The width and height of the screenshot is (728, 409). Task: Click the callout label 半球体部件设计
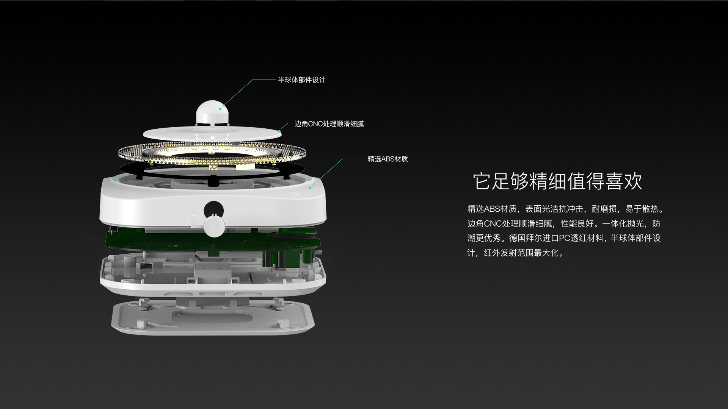click(x=301, y=80)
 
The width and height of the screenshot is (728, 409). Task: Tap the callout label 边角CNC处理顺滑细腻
click(x=329, y=124)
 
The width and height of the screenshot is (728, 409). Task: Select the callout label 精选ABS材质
click(x=388, y=159)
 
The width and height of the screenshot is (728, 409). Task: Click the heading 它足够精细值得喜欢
click(x=557, y=181)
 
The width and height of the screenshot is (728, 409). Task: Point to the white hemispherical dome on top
click(x=213, y=112)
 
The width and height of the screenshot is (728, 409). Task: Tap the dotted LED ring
click(x=212, y=153)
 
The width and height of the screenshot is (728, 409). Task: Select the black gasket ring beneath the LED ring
click(x=212, y=170)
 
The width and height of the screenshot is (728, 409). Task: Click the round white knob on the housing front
click(x=215, y=226)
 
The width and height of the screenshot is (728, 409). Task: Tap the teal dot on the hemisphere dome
click(x=220, y=109)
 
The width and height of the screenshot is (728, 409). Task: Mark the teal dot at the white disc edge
click(x=279, y=131)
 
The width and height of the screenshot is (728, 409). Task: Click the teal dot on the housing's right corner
click(x=310, y=188)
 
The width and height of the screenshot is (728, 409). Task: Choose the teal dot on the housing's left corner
click(x=116, y=179)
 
